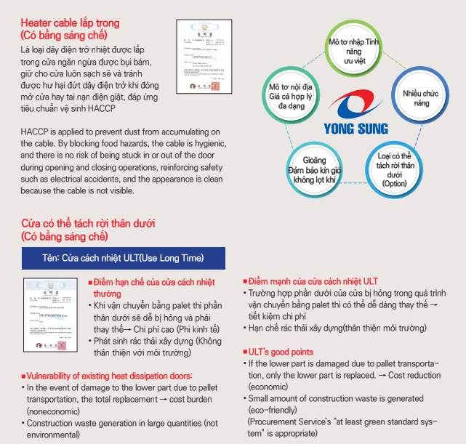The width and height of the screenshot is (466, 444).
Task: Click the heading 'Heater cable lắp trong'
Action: [x=71, y=23]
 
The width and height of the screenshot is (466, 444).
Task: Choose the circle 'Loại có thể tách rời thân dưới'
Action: [x=395, y=168]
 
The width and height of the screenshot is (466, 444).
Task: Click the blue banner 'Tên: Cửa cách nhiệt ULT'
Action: [x=124, y=258]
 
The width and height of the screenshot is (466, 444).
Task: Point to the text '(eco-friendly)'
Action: [x=272, y=409]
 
